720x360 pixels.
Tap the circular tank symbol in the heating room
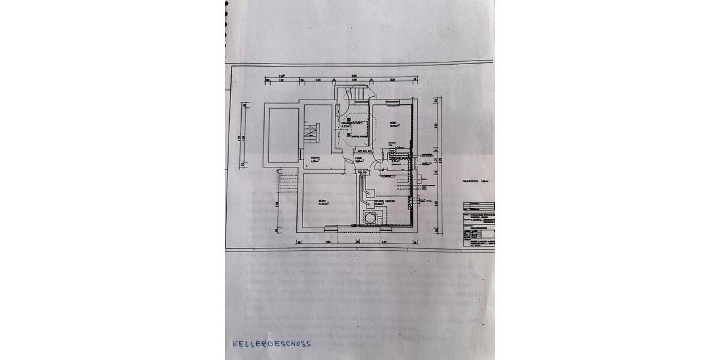click(370, 218)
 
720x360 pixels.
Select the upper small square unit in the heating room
click(371, 193)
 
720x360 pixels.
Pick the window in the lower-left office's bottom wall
click(331, 227)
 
